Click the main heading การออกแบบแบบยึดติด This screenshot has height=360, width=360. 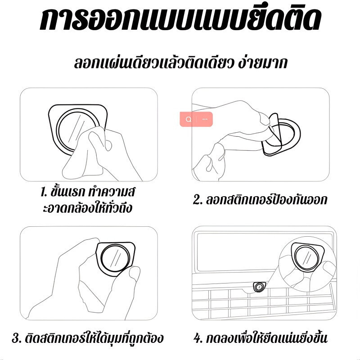180,19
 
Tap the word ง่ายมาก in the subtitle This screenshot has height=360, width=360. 262,63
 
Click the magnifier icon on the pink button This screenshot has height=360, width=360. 189,119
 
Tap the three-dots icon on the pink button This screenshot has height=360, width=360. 205,119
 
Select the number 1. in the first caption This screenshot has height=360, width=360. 44,192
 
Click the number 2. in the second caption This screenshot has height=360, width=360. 198,199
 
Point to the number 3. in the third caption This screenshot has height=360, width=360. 17,338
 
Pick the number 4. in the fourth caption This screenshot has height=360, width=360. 198,338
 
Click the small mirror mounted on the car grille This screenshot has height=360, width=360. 259,287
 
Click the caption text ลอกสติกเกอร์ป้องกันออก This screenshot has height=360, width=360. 266,199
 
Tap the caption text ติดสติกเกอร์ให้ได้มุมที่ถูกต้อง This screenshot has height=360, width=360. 94,338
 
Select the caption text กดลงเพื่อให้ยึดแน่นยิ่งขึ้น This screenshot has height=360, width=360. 266,338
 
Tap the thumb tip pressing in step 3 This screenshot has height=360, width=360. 134,273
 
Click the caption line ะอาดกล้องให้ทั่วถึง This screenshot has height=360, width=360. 87,208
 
